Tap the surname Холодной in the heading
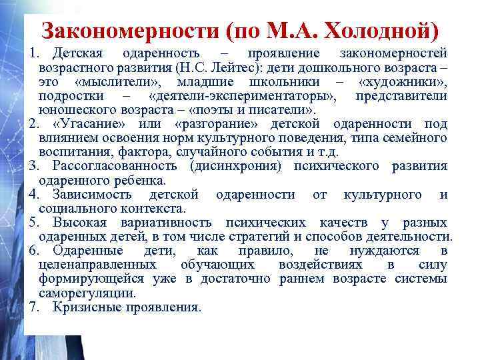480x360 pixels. click(x=381, y=31)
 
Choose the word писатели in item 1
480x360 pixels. click(x=284, y=110)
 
